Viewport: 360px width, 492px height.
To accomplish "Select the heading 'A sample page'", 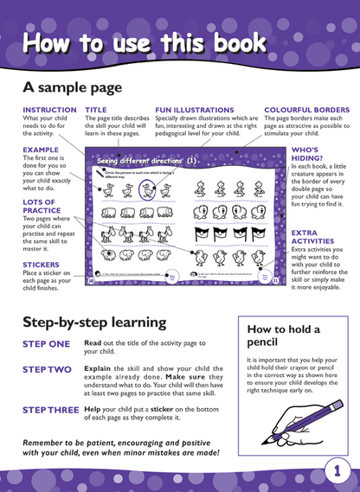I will pos(73,87).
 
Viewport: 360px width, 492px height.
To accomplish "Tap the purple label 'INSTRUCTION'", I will pos(49,111).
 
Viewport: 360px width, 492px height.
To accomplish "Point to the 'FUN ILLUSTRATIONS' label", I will pos(195,111).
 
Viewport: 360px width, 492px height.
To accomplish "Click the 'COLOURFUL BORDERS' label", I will pos(306,111).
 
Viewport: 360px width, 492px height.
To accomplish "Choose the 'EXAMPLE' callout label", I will pos(41,150).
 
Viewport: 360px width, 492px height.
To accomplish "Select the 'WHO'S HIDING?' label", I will pos(306,154).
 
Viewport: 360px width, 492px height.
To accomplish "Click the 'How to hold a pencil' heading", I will pos(283,335).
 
